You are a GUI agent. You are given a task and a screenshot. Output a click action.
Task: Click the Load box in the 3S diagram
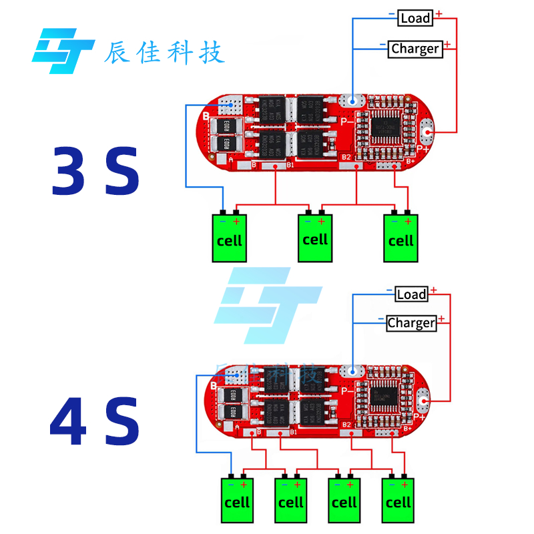415,18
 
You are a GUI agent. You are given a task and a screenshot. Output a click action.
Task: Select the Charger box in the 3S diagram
415,49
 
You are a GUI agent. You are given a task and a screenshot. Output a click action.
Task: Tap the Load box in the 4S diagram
411,294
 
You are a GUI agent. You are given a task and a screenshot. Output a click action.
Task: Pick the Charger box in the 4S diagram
411,323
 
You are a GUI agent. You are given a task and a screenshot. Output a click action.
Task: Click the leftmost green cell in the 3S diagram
230,238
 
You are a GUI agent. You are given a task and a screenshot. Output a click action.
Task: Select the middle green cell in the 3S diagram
315,238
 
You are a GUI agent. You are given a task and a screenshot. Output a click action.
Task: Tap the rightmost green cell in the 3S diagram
401,238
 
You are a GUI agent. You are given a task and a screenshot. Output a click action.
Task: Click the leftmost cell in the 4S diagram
237,500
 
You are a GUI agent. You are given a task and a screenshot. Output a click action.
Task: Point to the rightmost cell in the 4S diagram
399,500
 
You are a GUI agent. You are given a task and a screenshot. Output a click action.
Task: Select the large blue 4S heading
95,423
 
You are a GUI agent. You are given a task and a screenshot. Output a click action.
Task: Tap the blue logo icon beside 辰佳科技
63,50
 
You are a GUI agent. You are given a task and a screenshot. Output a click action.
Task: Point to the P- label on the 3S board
348,121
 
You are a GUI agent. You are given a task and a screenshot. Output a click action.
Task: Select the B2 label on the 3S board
346,158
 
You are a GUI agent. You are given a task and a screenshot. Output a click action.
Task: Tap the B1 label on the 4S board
293,433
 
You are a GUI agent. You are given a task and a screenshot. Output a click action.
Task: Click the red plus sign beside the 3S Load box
439,13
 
